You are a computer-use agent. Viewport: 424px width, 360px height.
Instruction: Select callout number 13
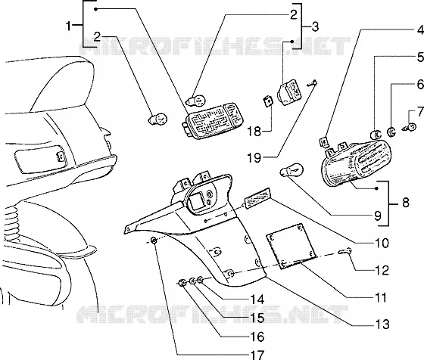382,324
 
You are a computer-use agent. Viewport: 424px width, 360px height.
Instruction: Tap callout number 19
254,157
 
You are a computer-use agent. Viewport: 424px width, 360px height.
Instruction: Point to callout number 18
254,132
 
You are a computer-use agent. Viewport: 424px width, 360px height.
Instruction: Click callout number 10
382,243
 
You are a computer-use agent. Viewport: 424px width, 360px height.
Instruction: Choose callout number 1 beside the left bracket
69,26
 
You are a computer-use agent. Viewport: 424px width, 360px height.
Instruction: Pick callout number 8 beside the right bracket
406,203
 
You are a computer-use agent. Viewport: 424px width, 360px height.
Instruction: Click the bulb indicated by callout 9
291,171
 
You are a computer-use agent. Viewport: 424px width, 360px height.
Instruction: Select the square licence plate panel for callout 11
291,247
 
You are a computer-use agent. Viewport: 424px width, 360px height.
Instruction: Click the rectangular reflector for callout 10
257,199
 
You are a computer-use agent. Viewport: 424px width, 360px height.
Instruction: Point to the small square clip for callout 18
268,101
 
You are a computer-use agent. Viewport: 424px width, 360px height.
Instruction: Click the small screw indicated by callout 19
312,83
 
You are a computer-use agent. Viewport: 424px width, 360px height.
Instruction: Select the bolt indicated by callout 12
345,251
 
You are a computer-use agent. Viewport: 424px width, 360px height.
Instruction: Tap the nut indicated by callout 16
182,284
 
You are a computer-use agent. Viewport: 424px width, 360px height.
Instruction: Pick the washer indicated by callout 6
391,132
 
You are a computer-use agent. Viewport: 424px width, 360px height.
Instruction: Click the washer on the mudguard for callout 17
154,240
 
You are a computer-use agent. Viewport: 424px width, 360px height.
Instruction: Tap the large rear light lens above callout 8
357,163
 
